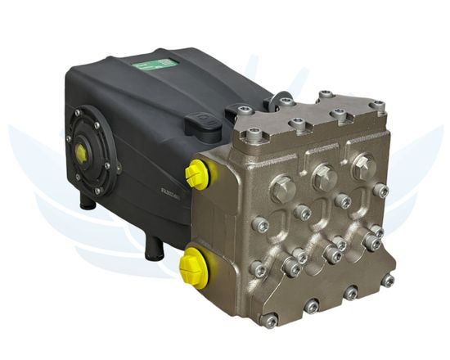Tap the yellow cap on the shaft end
pyautogui.click(x=82, y=152)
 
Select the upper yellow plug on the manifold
pyautogui.click(x=196, y=173)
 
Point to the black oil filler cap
pyautogui.click(x=199, y=125)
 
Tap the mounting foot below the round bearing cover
pyautogui.click(x=88, y=201)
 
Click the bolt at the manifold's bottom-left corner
pyautogui.click(x=271, y=320)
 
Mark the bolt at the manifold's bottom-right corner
pyautogui.click(x=388, y=281)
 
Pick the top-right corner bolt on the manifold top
pyautogui.click(x=376, y=105)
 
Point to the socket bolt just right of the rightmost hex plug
pyautogui.click(x=381, y=191)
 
